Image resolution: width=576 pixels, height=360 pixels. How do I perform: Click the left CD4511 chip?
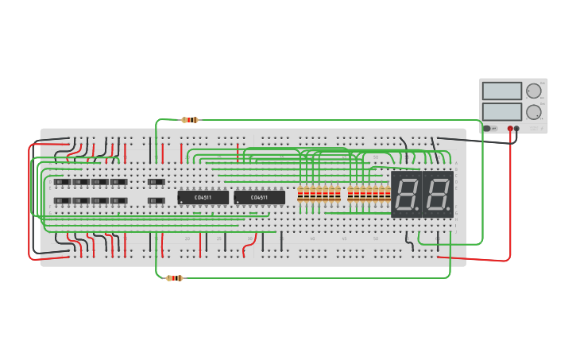[x=203, y=197]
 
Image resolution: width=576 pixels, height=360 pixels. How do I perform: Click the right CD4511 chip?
[x=259, y=197]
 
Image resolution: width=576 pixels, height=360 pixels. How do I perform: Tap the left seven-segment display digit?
[x=406, y=194]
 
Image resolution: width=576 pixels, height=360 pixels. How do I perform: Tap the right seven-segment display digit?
[x=438, y=194]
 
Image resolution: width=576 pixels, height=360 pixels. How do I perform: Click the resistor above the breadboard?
[x=189, y=120]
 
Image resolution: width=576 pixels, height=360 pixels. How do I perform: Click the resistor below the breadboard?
[x=175, y=278]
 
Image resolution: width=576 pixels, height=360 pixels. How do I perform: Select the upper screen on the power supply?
[x=501, y=91]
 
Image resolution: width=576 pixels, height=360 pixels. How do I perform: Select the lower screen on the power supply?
[x=501, y=111]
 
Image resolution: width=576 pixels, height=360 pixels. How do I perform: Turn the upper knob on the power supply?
[x=533, y=91]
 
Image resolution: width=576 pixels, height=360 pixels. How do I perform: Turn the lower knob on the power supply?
[x=533, y=111]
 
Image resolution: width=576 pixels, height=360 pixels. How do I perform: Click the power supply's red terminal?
[x=510, y=129]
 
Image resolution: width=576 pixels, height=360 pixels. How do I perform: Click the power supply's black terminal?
[x=516, y=129]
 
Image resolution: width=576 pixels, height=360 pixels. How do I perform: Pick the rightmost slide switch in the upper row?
[x=157, y=182]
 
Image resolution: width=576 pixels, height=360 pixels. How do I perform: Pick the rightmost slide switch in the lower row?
[x=157, y=200]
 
